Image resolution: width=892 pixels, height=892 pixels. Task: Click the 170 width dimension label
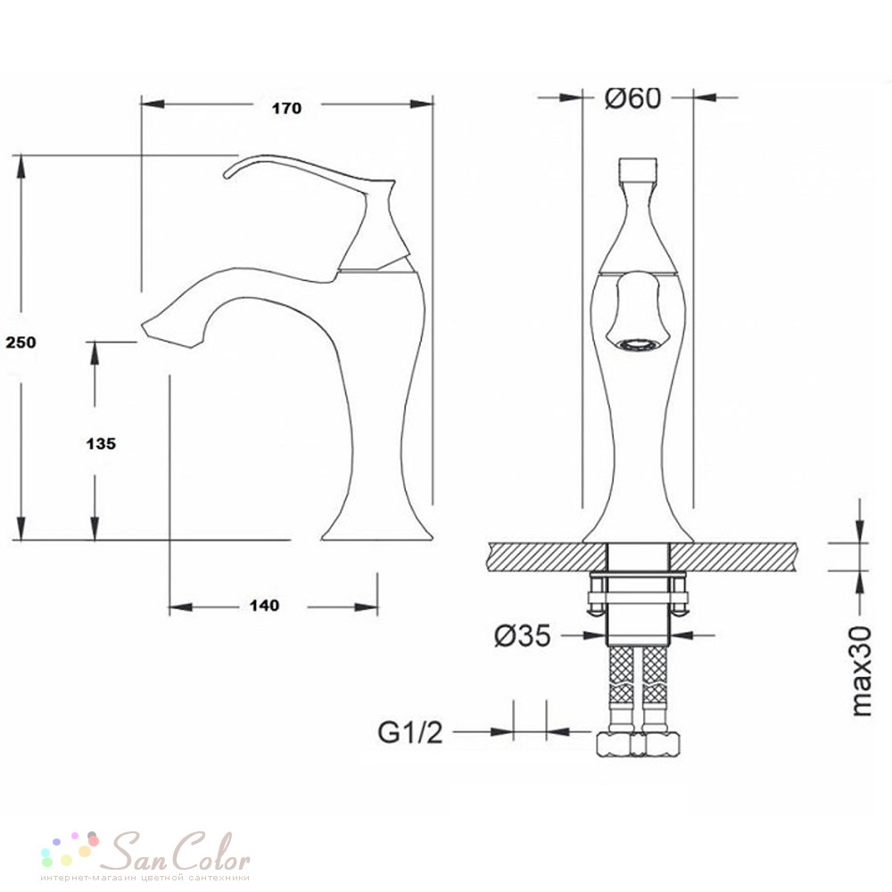tap(286, 108)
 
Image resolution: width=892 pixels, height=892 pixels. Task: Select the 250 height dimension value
tap(21, 342)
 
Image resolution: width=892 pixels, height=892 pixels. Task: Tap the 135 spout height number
tap(101, 443)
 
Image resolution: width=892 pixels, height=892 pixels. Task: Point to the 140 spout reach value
tap(265, 606)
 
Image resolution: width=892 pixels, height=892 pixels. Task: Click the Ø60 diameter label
tap(632, 98)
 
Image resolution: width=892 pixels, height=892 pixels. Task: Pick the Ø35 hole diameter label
tap(522, 635)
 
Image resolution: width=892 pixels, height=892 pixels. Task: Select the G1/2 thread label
tap(410, 732)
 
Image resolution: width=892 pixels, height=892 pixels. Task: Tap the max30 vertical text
tap(862, 671)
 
